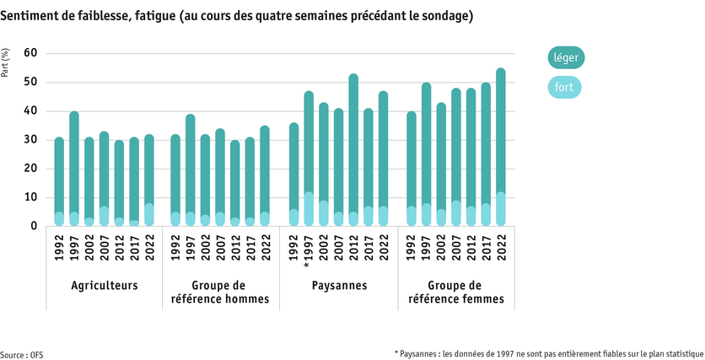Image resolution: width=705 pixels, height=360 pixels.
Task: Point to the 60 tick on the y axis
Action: (x=30, y=53)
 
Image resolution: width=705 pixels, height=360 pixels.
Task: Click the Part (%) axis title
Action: (x=7, y=64)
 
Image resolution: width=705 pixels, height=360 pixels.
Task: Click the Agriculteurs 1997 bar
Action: (x=74, y=169)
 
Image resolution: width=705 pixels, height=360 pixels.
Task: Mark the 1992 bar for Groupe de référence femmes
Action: (x=412, y=169)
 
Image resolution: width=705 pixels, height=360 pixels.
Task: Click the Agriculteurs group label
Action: (x=105, y=286)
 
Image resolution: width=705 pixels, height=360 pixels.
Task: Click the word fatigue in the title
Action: (x=148, y=16)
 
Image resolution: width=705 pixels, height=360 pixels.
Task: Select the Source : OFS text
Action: (x=22, y=354)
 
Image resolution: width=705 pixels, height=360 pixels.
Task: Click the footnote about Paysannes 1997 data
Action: (x=549, y=353)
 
